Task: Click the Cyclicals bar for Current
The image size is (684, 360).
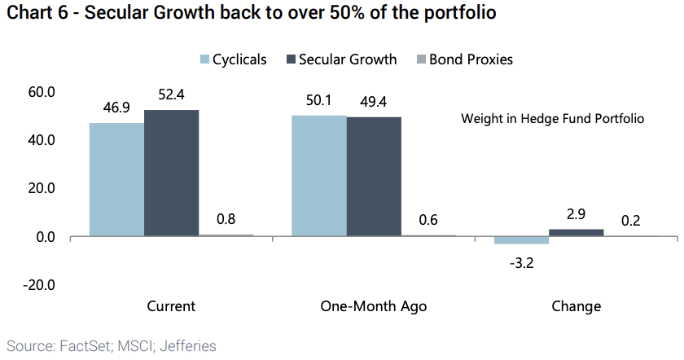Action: (116, 179)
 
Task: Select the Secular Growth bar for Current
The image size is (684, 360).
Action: (171, 173)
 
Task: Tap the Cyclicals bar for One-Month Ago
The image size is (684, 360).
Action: (318, 175)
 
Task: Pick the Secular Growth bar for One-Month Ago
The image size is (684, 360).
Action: (374, 177)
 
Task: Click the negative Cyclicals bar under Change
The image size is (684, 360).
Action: (521, 240)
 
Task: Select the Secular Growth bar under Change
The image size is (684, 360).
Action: (576, 233)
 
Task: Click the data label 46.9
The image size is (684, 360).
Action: (116, 108)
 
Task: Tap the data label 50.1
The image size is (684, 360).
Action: (318, 101)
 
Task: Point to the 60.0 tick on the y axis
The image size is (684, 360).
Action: (40, 92)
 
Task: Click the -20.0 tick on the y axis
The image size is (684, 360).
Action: (38, 285)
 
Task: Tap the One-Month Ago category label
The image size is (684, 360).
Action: (374, 307)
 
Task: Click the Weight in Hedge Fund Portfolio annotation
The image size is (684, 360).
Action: (552, 119)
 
